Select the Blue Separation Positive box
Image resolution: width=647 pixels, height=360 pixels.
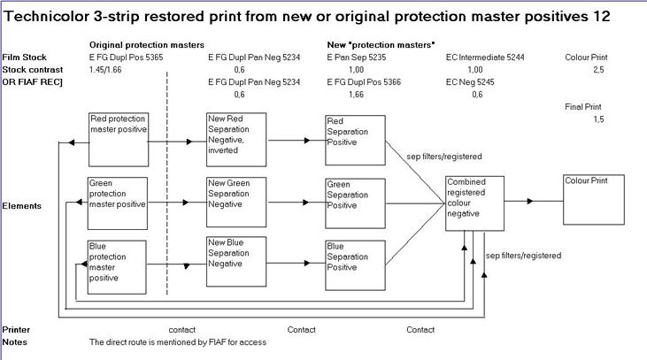[354, 262]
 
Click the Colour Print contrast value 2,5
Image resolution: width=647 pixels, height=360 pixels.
[598, 69]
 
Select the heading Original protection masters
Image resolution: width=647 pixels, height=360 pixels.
[147, 44]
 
